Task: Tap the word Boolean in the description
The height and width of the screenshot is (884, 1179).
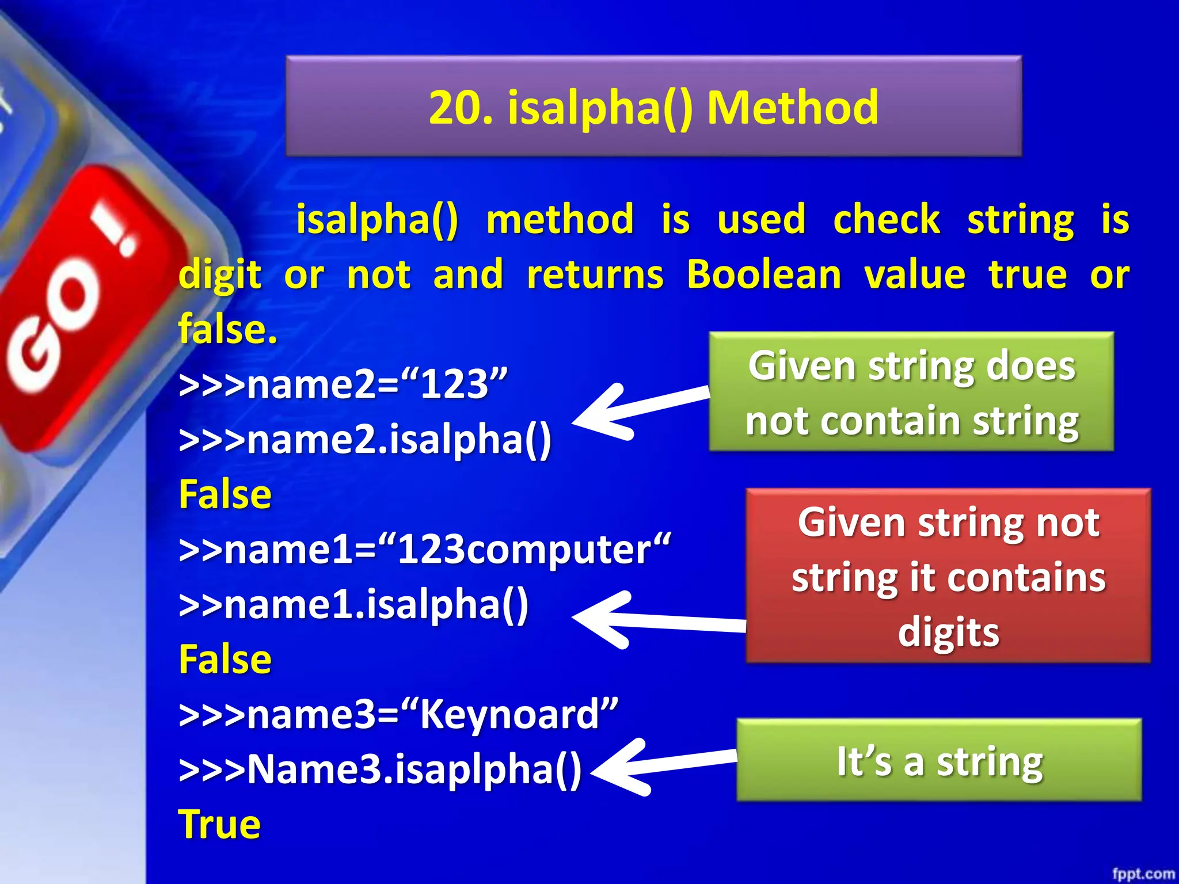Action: coord(763,275)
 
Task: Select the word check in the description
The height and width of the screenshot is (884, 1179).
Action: coord(887,220)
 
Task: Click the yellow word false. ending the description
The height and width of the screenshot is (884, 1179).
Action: coord(228,329)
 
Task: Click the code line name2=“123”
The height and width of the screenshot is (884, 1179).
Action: coord(344,384)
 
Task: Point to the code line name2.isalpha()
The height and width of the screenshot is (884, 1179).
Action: coord(366,440)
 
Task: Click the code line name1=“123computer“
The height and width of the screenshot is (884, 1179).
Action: coord(425,550)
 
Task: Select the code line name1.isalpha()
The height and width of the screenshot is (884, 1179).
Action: coord(354,605)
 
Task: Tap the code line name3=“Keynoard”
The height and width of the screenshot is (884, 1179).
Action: coord(398,714)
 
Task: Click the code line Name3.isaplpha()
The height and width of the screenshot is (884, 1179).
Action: coord(381,769)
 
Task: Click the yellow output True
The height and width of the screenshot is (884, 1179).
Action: coord(219,824)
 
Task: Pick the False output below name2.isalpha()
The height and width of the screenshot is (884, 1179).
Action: coord(225,494)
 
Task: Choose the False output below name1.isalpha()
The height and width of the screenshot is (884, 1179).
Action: coord(225,660)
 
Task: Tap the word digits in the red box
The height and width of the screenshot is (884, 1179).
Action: coord(948,632)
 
